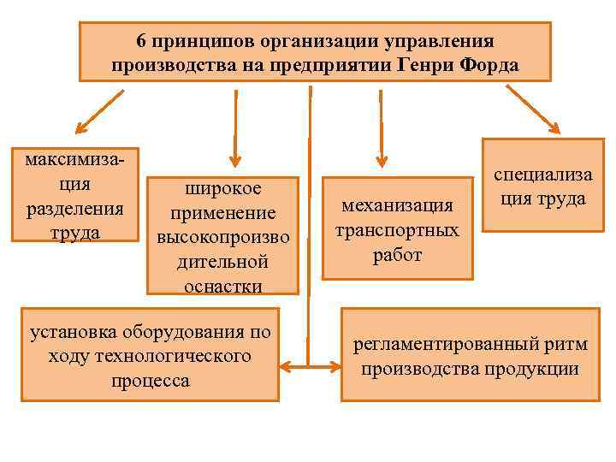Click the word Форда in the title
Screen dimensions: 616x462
(x=491, y=65)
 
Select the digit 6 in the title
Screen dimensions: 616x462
(x=141, y=41)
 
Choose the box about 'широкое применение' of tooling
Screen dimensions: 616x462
(x=222, y=236)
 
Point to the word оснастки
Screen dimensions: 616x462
(x=222, y=286)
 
